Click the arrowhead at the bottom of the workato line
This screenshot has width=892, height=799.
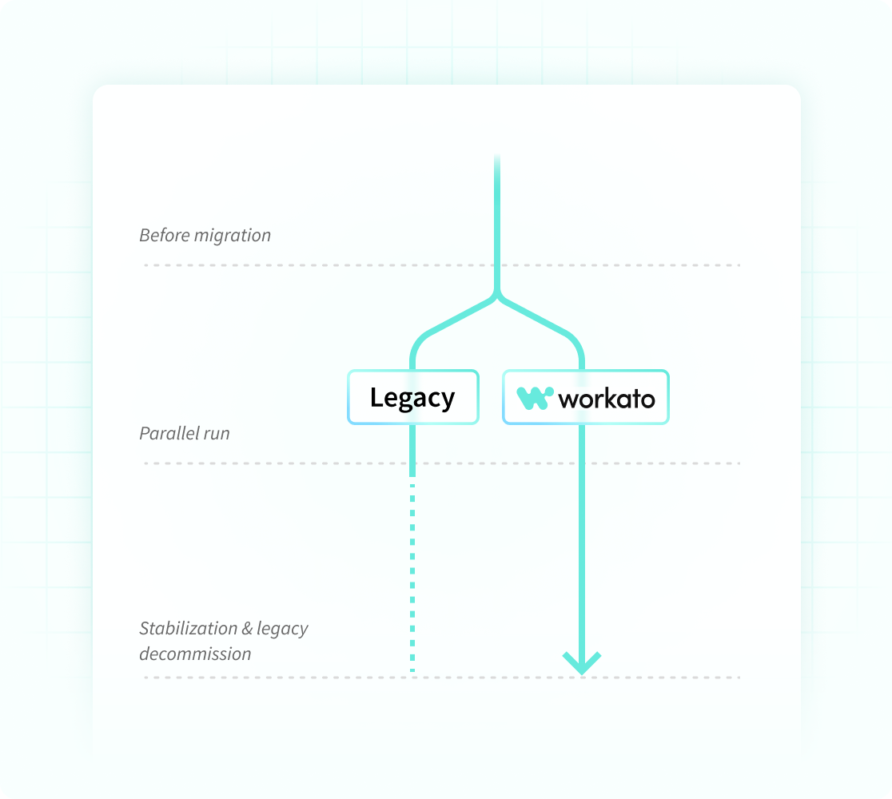[582, 662]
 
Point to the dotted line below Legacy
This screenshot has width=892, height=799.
[412, 575]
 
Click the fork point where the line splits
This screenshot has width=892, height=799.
[497, 296]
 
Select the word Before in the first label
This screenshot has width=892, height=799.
[164, 235]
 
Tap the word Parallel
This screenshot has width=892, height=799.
[169, 433]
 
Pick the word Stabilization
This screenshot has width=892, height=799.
[189, 628]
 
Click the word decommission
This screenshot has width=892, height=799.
[195, 654]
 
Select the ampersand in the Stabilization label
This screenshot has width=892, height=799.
[247, 628]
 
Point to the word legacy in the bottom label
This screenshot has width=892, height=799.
[282, 629]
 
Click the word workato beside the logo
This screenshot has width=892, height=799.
[607, 398]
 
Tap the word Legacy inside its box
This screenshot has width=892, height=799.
[412, 398]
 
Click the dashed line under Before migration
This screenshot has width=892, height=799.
[320, 264]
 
